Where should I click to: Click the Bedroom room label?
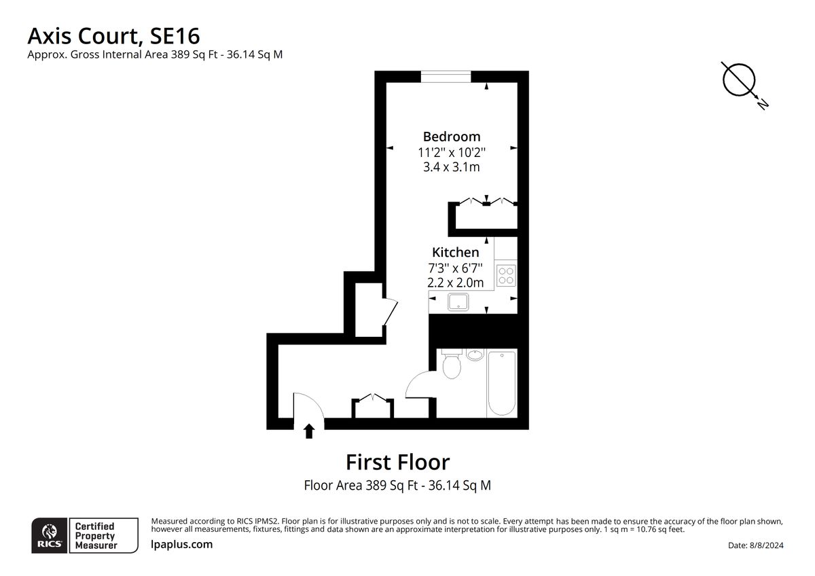point(452,137)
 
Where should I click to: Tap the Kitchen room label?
point(456,253)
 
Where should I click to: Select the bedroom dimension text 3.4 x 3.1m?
point(452,167)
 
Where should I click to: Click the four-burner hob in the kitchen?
point(506,275)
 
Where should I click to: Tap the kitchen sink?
point(460,302)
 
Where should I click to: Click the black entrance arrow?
point(309,431)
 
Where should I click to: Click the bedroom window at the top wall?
point(446,75)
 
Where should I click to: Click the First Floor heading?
point(397,463)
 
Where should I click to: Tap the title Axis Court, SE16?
point(113,35)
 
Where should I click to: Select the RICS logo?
point(50,535)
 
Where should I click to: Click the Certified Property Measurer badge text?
point(95,535)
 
